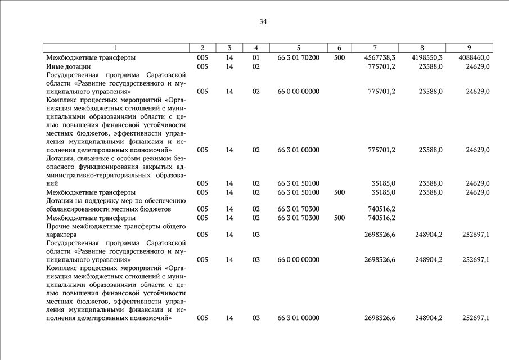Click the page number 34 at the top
263,22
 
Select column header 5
298,48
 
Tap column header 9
469,48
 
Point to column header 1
116,48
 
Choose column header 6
339,48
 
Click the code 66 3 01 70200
298,57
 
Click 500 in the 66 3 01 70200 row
339,57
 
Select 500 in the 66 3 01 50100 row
339,192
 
